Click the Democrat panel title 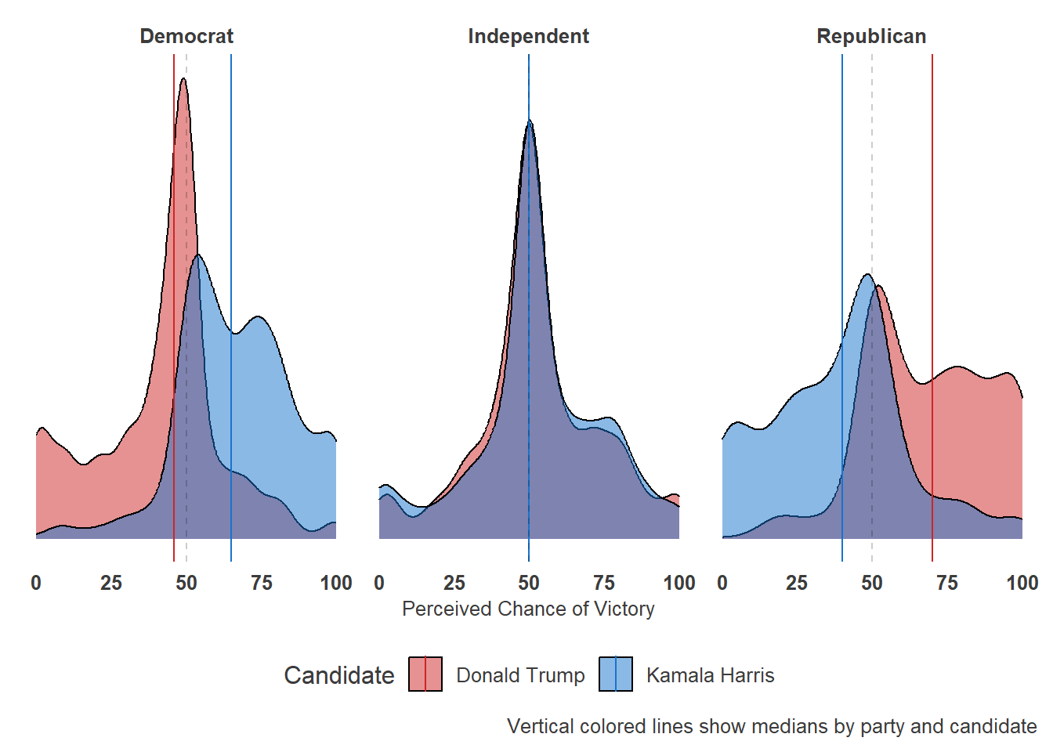point(186,36)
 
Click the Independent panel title point(528,36)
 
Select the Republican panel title point(871,36)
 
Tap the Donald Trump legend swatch point(425,674)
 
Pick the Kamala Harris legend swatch point(616,674)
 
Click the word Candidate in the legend point(338,675)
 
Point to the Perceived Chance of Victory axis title point(528,609)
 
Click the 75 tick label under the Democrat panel point(261,583)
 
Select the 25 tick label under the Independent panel point(454,583)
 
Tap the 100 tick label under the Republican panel point(1022,583)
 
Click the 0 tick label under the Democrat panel point(36,583)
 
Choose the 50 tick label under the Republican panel point(872,583)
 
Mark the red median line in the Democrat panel point(174,313)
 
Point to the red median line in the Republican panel point(932,235)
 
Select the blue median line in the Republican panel point(842,196)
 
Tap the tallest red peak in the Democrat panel point(183,79)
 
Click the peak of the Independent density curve point(530,121)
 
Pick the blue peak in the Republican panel point(867,275)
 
